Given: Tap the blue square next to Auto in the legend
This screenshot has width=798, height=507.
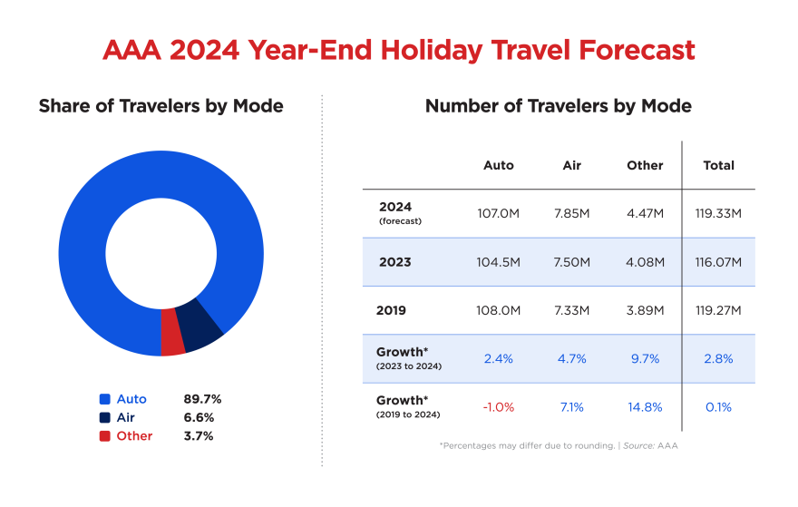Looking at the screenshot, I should (105, 399).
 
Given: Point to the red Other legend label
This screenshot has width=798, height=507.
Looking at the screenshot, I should (134, 436).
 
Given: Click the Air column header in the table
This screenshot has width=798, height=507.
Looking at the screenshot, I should (571, 165).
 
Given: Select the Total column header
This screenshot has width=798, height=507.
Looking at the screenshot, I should (718, 165).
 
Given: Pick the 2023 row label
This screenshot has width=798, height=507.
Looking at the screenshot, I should (394, 262).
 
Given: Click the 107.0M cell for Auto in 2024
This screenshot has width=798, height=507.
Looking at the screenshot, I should (498, 214).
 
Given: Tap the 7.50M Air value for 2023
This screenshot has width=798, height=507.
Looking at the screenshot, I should (571, 262).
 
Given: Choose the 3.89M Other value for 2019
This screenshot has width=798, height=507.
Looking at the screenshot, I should (645, 310).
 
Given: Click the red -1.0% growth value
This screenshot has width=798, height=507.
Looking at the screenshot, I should (498, 407).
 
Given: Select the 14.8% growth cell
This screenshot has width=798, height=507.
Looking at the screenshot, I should (645, 407).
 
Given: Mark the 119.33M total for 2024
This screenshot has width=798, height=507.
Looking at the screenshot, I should (718, 214).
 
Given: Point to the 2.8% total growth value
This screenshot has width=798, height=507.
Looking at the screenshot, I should (718, 358).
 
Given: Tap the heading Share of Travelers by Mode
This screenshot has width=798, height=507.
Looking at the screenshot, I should (161, 106).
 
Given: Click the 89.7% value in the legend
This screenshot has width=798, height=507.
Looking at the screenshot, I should (202, 399).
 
